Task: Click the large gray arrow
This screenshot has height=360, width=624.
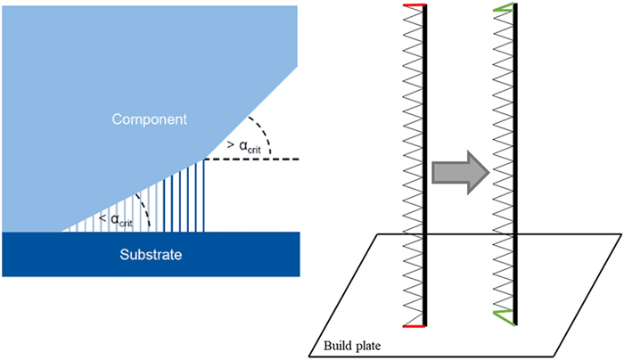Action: pos(457,170)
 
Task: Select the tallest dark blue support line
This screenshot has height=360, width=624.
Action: pos(205,195)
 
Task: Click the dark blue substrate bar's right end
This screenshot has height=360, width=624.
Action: pos(296,255)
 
